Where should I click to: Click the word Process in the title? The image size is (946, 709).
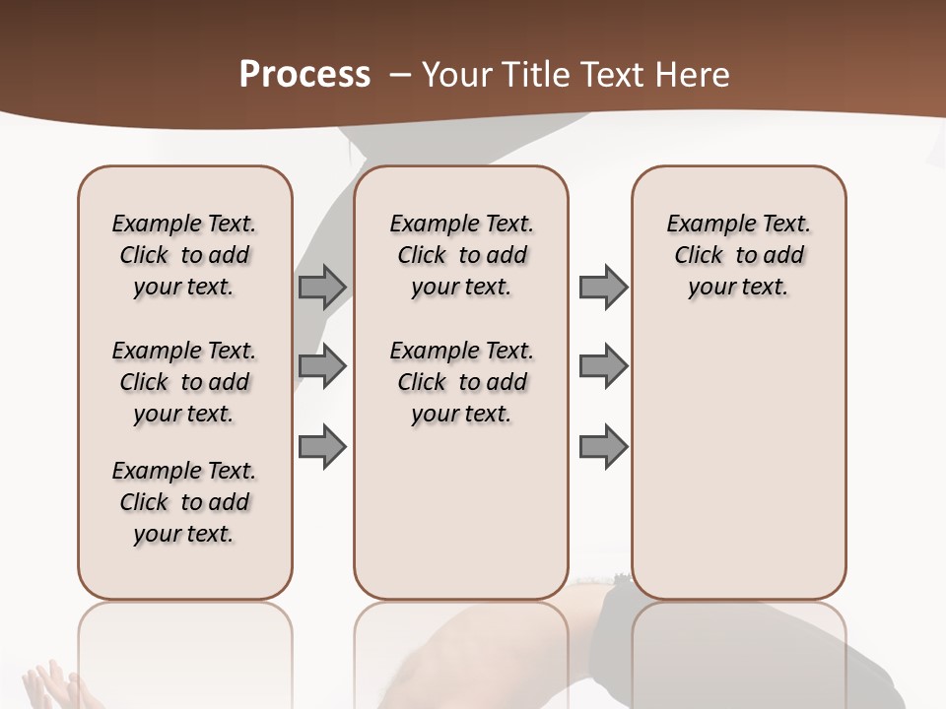coord(304,74)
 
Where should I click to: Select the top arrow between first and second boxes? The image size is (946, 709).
coord(322,287)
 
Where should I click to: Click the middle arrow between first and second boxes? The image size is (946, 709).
coord(322,366)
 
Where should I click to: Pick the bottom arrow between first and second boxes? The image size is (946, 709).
coord(322,446)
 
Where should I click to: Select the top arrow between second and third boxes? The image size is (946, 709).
coord(603,287)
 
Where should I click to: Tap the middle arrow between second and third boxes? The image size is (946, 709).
coord(603,366)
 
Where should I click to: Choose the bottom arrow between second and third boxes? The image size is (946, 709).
coord(603,446)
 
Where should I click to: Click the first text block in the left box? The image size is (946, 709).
coord(184,255)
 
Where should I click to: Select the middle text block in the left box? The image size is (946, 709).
coord(184,382)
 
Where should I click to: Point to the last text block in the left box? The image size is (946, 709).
coord(184,502)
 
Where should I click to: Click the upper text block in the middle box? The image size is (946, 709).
coord(462,255)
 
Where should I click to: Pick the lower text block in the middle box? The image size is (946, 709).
coord(462,382)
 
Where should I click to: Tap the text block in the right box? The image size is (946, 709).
coord(739,255)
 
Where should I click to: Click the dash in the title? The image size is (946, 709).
coord(399,74)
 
